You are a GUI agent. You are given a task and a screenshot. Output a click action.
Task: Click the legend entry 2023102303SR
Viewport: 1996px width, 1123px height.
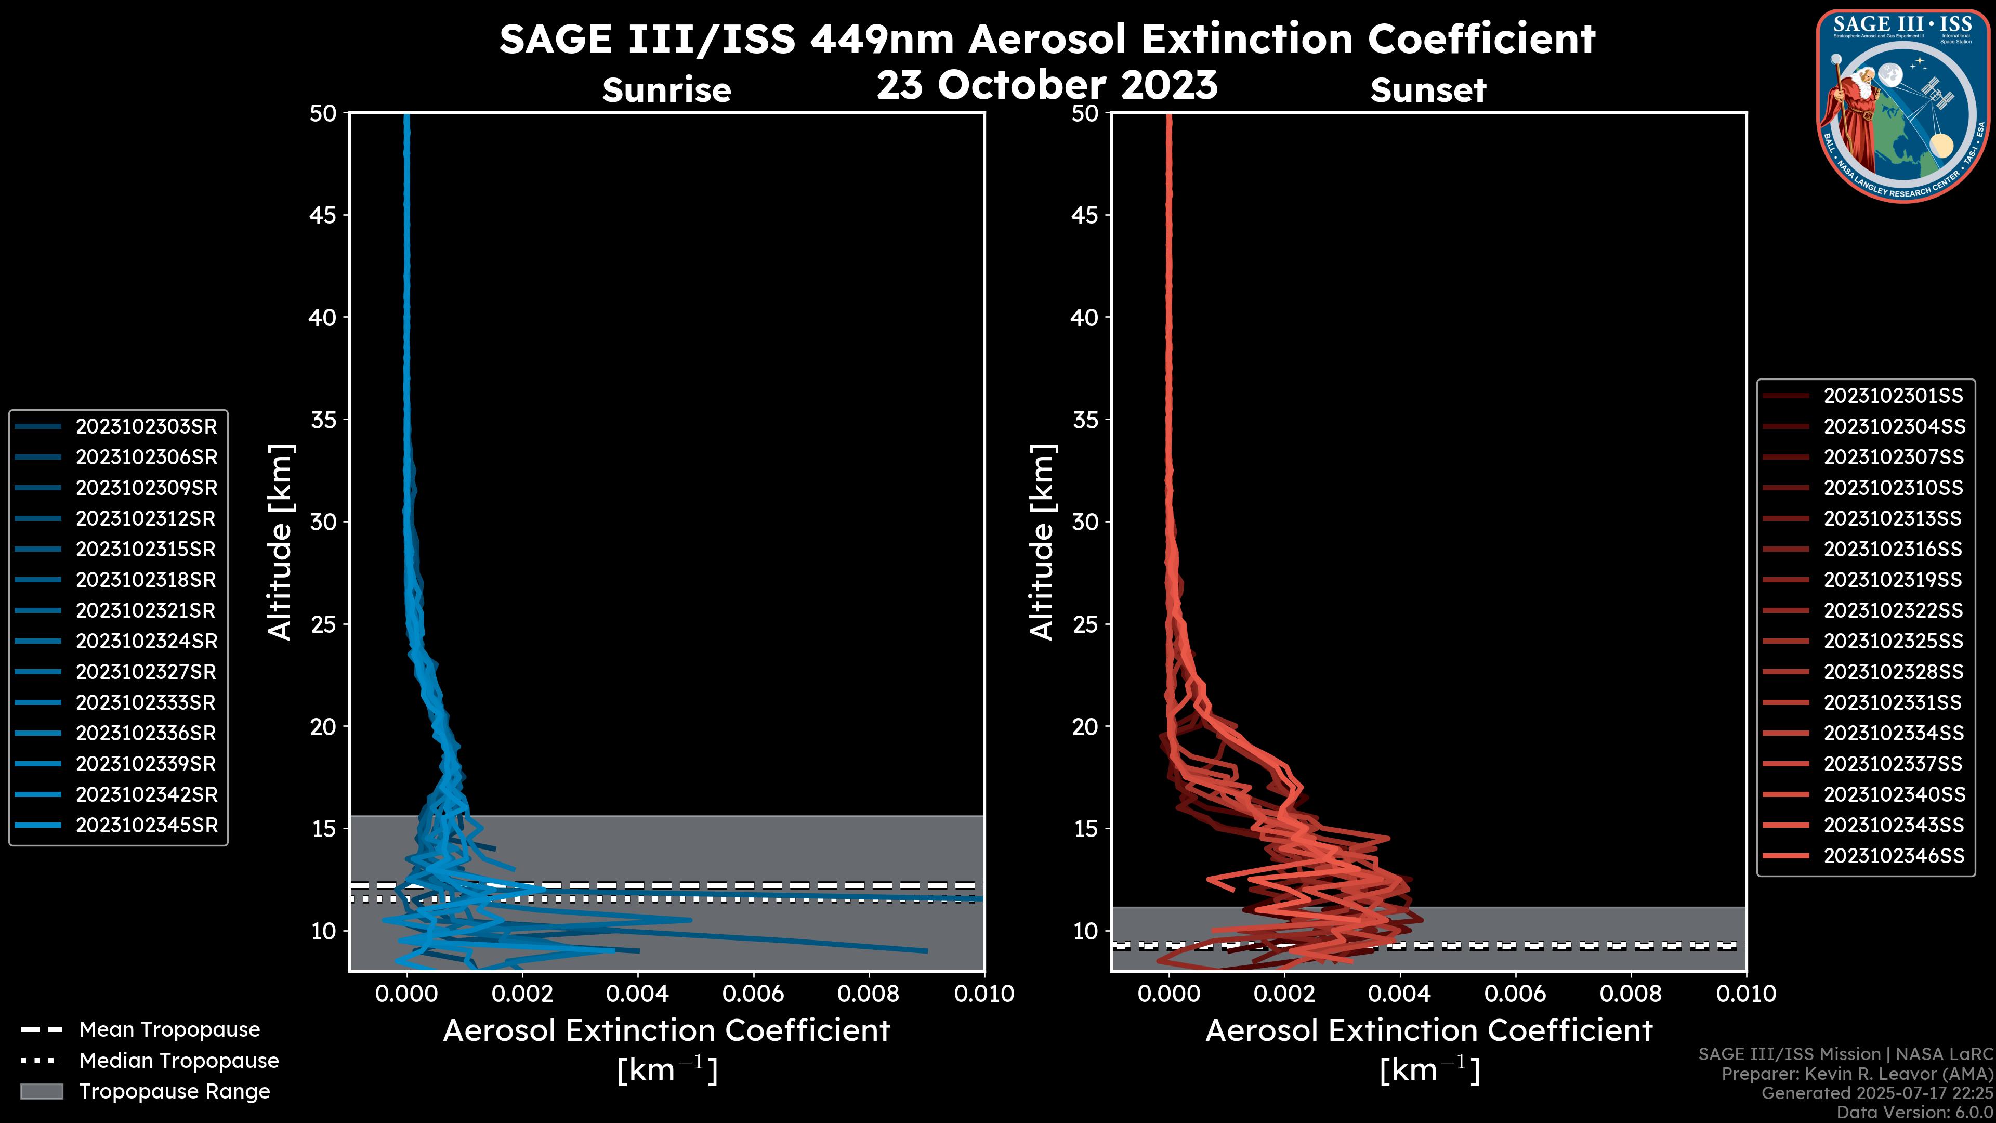[x=146, y=426]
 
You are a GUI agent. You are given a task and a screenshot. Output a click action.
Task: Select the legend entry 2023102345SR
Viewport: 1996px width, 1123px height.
[x=146, y=826]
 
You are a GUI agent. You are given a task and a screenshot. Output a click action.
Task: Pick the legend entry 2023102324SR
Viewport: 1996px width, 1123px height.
[x=146, y=642]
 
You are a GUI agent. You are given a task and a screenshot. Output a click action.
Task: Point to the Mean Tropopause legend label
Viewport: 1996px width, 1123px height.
[x=169, y=1030]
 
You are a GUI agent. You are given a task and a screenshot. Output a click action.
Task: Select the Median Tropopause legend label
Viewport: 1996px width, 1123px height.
[x=178, y=1061]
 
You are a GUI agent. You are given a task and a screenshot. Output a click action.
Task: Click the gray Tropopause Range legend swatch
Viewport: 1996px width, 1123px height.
[x=41, y=1092]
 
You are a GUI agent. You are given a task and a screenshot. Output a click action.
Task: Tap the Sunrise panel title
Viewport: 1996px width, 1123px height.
[x=666, y=90]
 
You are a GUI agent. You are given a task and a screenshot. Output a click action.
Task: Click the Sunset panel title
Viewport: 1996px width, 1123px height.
[x=1428, y=90]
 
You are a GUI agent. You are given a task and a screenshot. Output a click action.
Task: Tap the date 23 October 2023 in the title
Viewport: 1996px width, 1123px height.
[x=1047, y=84]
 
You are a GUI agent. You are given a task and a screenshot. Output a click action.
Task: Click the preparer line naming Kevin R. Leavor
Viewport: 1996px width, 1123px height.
[x=1857, y=1074]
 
